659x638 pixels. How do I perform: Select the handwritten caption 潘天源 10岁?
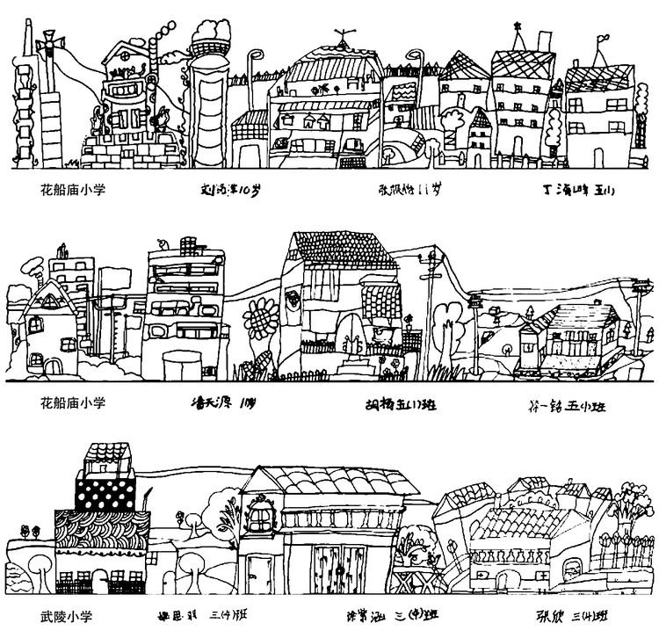click(x=224, y=405)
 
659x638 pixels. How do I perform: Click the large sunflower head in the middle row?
click(x=260, y=316)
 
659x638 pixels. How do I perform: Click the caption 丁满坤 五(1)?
click(x=581, y=188)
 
